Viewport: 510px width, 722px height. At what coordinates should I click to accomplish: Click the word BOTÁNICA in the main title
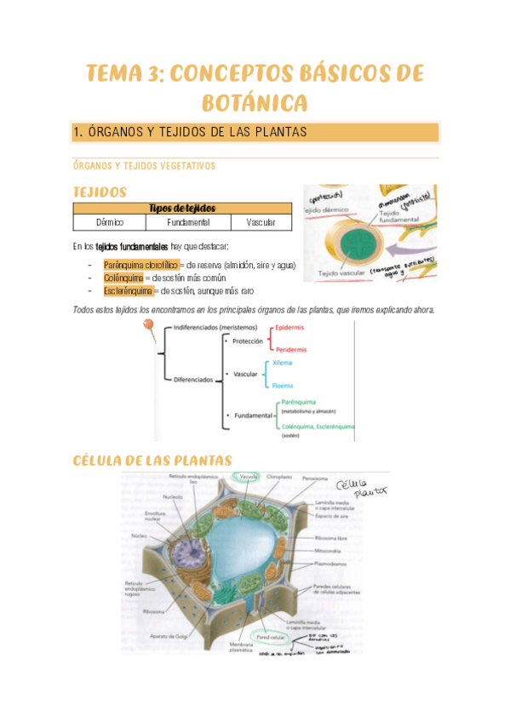click(255, 103)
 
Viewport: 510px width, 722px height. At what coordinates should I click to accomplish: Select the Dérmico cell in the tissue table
click(109, 222)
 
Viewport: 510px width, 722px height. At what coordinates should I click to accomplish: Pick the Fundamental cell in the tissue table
click(188, 222)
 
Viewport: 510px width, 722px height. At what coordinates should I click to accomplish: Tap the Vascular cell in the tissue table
click(261, 222)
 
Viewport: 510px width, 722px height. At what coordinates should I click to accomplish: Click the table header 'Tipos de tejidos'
click(182, 209)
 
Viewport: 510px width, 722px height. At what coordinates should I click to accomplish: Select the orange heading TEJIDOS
click(100, 192)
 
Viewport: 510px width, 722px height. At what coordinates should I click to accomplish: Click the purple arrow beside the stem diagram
click(416, 249)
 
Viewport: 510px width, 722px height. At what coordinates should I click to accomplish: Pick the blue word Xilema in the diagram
click(283, 363)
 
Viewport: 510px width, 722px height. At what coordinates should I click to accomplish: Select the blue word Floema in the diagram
click(283, 385)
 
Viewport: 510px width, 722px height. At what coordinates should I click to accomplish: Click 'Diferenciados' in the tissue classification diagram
click(192, 380)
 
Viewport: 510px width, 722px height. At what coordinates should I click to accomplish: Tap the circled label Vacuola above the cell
click(249, 476)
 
